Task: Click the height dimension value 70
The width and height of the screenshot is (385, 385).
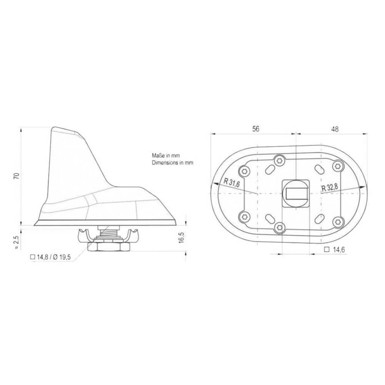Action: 16,176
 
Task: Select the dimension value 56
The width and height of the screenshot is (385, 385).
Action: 255,129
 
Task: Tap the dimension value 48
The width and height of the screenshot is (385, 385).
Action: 335,129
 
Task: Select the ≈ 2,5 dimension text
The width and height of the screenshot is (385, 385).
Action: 16,243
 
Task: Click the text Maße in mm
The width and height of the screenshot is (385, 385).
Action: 166,156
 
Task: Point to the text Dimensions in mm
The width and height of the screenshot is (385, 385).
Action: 172,163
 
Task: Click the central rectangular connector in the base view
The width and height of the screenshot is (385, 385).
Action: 296,192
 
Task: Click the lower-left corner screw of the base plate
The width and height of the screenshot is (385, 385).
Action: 243,216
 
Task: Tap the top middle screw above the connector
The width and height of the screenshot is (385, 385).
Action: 279,160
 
